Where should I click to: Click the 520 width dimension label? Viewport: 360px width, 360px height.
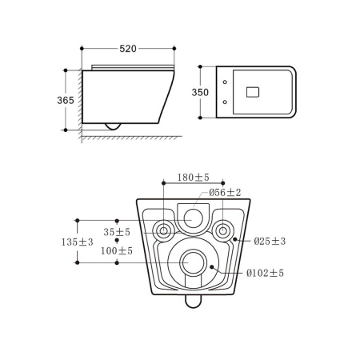[x=128, y=49]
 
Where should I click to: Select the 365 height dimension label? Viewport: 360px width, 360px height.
[x=66, y=100]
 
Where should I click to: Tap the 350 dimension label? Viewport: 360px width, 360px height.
[x=200, y=92]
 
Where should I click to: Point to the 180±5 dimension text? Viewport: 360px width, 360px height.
[x=194, y=177]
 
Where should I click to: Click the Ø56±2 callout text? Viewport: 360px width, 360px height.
[x=225, y=192]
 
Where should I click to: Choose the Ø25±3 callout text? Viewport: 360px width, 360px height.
[x=270, y=241]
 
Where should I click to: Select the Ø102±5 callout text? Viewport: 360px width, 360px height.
[x=265, y=273]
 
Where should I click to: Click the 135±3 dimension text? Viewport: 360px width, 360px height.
[x=78, y=242]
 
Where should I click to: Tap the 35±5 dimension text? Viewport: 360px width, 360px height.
[x=117, y=232]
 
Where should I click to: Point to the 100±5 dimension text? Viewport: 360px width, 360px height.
[x=117, y=250]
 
